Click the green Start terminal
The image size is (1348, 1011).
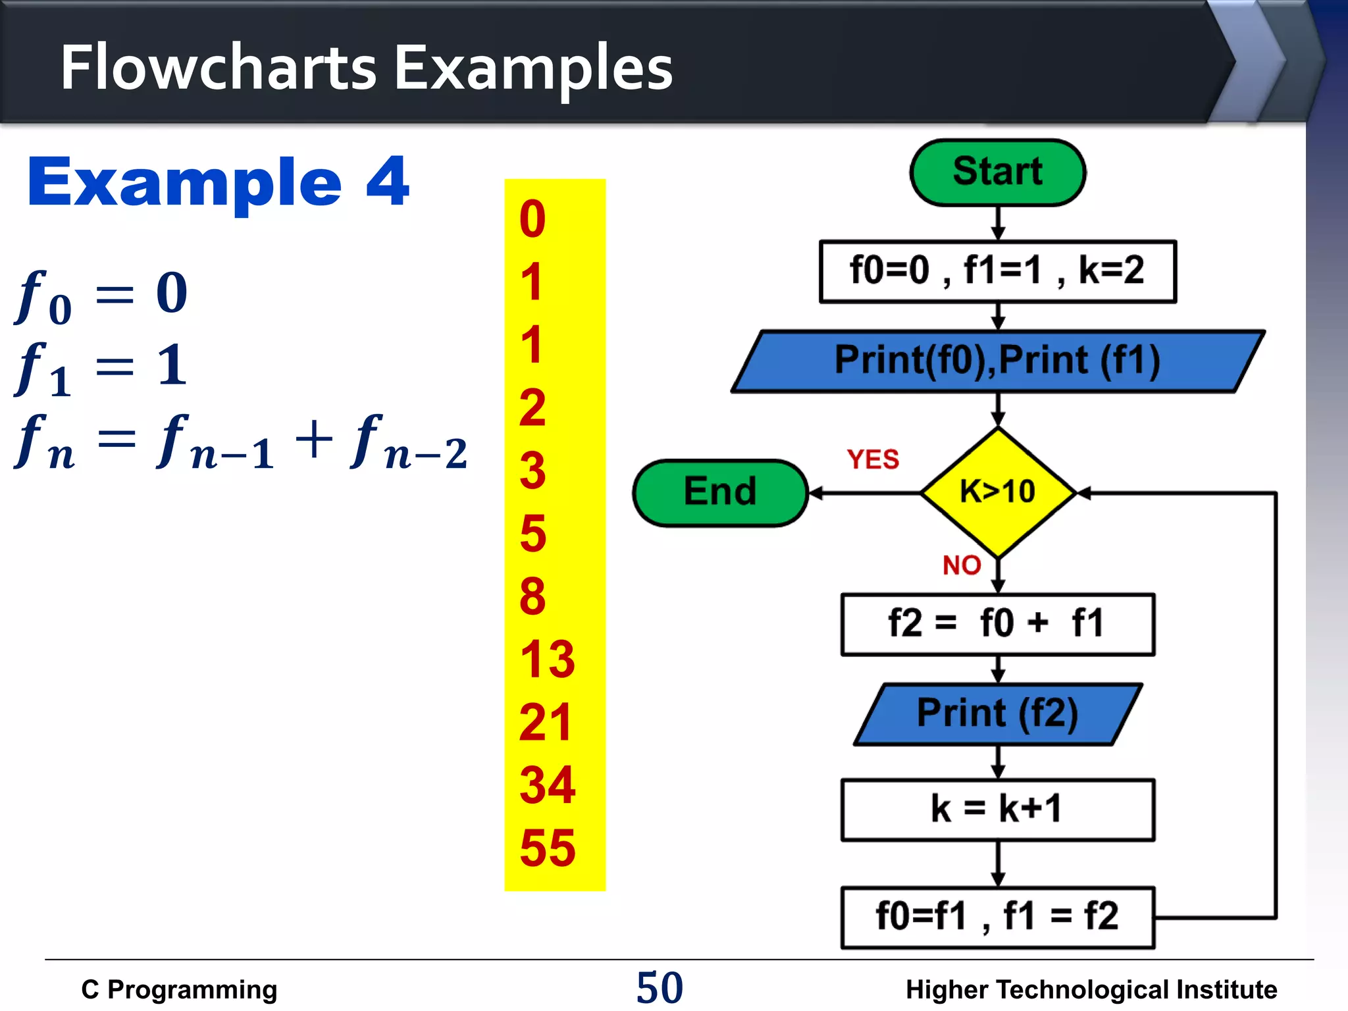pos(997,172)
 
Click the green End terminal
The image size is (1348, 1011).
pos(720,492)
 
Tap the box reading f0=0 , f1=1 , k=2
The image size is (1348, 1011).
pos(997,271)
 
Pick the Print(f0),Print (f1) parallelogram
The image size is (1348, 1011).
pos(997,361)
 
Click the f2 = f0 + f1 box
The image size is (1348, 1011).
pos(997,624)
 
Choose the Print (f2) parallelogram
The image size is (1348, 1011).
pos(997,713)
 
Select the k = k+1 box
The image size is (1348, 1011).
pos(997,810)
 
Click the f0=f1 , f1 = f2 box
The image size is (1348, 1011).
pos(997,917)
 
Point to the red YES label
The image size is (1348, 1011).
pos(873,459)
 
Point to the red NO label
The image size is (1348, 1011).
pos(962,565)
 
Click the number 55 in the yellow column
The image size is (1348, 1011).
pos(547,848)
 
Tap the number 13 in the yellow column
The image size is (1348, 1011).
pos(547,659)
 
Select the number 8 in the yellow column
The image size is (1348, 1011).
pos(532,596)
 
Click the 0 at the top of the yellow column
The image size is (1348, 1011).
pos(532,219)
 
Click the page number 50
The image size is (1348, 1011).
pos(660,987)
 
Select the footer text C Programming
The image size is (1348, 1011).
pos(179,990)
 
